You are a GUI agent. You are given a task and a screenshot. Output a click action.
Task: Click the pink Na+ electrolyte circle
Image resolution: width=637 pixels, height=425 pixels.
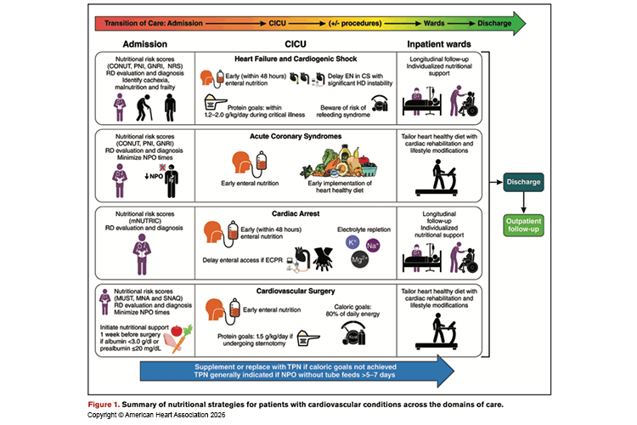pyautogui.click(x=374, y=245)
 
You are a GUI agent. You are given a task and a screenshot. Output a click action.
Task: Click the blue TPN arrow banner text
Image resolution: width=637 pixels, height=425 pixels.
pyautogui.click(x=314, y=371)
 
